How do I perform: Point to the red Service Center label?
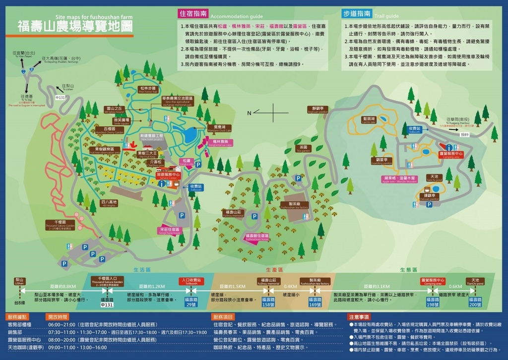tap(168, 176)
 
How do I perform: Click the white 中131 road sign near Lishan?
tap(60, 98)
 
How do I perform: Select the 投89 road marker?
tap(464, 134)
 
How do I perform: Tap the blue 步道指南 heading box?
tap(356, 13)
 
